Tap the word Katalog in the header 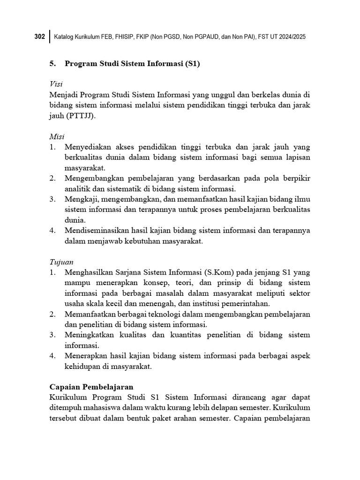pyautogui.click(x=66, y=37)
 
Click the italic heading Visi pyautogui.click(x=56, y=84)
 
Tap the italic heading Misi pyautogui.click(x=57, y=136)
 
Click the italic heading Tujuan pyautogui.click(x=61, y=262)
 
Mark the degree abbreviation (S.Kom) pyautogui.click(x=222, y=272)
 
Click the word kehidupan pyautogui.click(x=82, y=367)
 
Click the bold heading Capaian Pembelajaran pyautogui.click(x=91, y=387)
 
